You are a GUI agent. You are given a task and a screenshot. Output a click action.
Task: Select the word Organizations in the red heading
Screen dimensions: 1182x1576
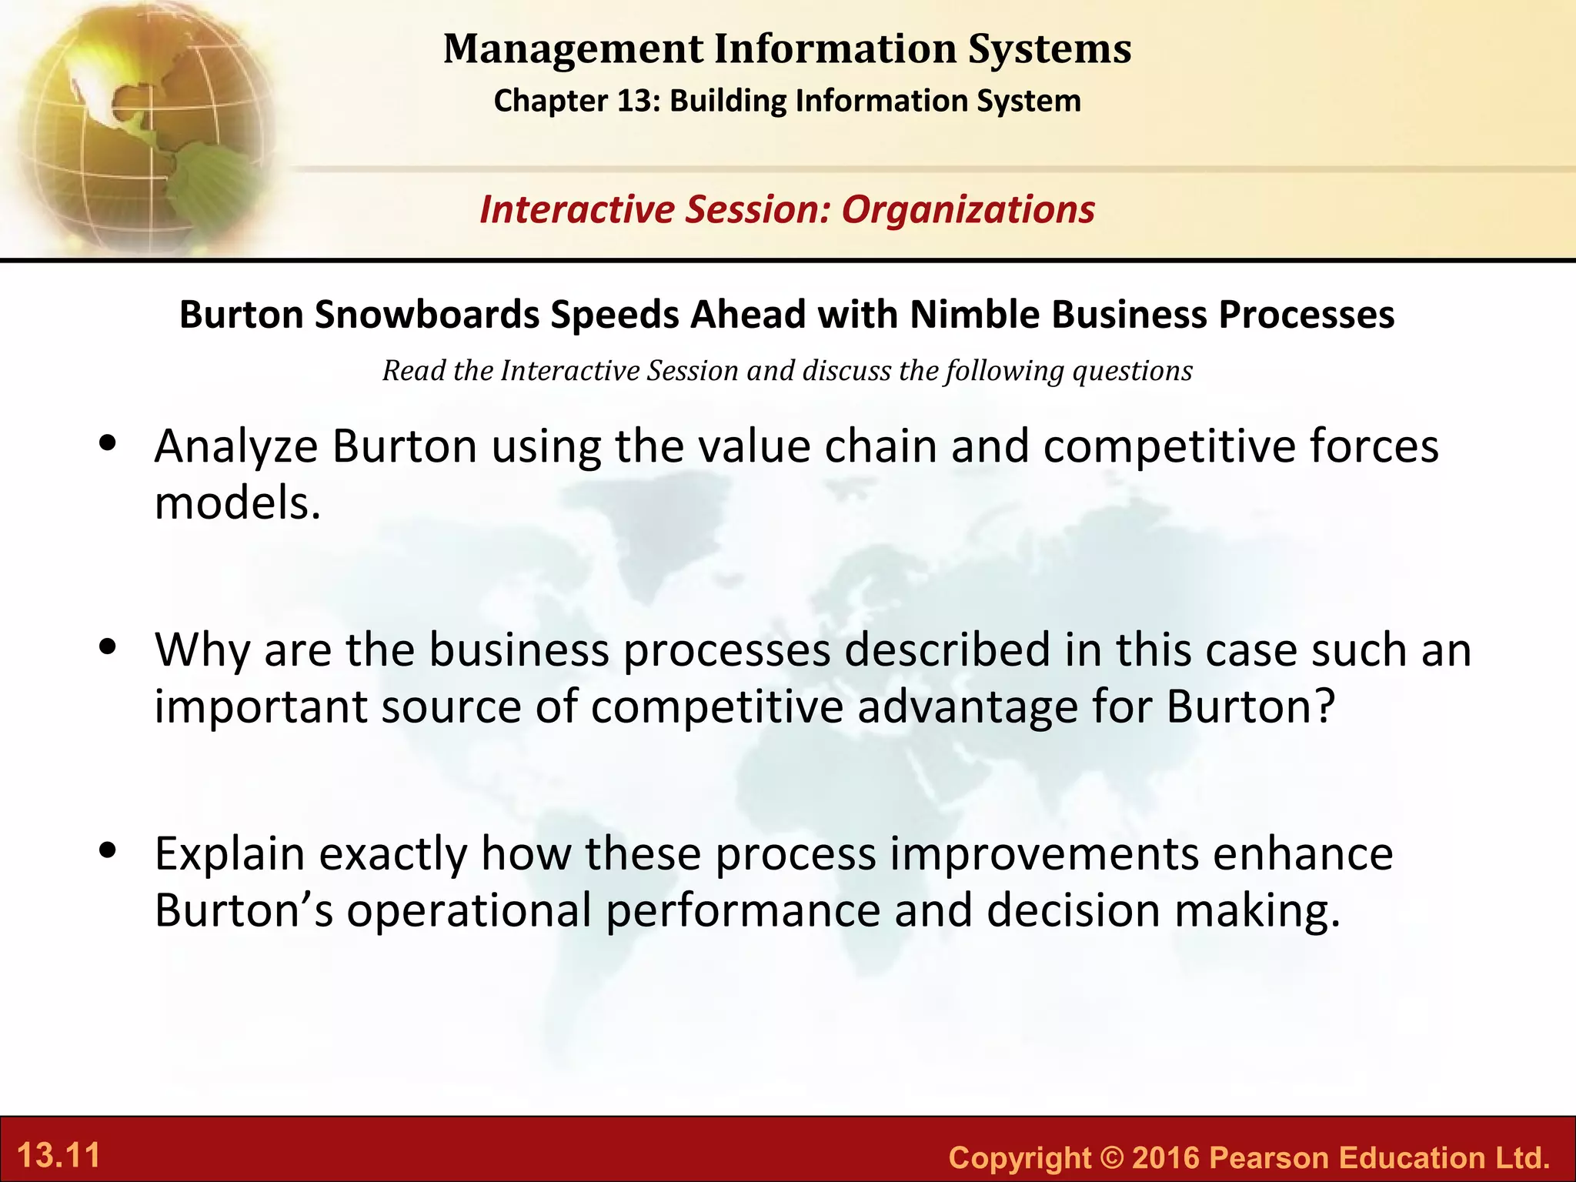point(968,210)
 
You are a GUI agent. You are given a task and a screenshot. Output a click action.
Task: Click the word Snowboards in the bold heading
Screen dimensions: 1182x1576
point(427,315)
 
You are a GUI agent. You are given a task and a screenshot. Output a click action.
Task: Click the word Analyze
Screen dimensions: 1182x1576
point(235,447)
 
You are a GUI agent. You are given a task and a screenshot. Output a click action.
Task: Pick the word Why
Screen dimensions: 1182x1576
point(202,650)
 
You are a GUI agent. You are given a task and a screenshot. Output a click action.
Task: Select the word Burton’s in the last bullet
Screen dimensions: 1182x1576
point(243,911)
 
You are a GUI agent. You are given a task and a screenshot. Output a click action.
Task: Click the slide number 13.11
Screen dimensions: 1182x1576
point(59,1156)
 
